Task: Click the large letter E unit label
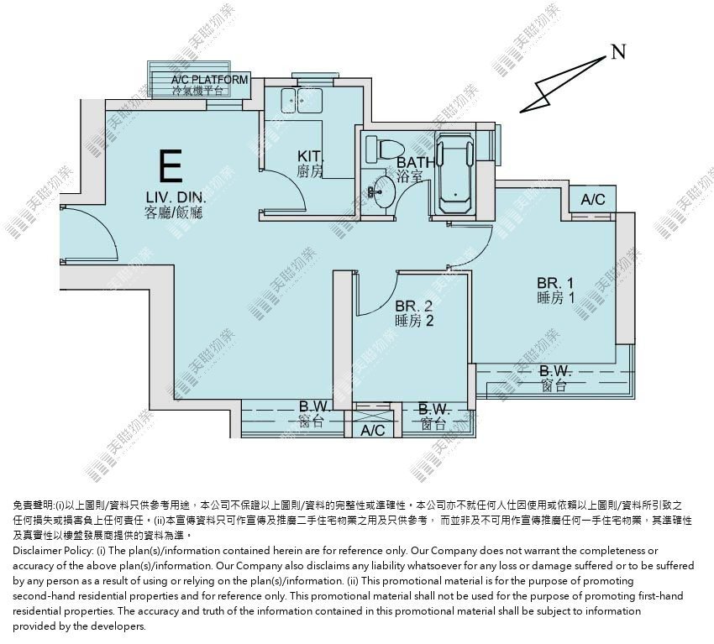(171, 165)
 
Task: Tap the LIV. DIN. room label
(176, 198)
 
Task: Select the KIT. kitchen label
(310, 156)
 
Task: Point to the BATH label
(415, 163)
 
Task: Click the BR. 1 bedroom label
(555, 283)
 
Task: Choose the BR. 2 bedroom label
(413, 306)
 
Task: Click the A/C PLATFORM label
(209, 80)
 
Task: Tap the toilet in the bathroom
(386, 149)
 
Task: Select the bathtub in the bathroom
(454, 174)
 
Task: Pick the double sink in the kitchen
(302, 100)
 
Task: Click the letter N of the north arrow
(618, 52)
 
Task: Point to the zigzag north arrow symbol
(563, 85)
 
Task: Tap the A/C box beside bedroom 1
(593, 199)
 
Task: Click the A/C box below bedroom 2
(372, 430)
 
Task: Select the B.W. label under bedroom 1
(555, 370)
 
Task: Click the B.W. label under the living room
(315, 406)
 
